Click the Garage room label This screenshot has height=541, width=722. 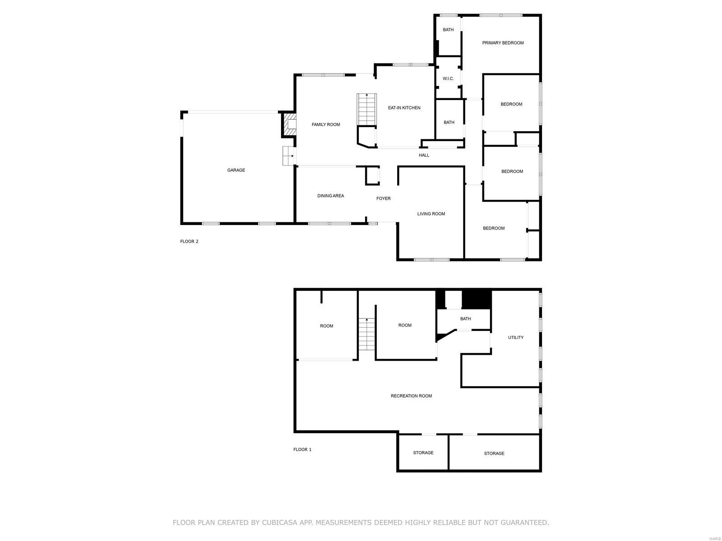(x=236, y=170)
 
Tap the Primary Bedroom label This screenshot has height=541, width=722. (x=503, y=43)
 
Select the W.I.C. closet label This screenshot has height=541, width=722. (x=448, y=79)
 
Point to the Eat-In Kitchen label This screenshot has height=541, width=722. (x=404, y=108)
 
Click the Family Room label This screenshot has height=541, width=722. (x=326, y=125)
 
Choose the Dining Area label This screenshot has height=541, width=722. (x=330, y=196)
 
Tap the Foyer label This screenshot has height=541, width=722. (x=384, y=199)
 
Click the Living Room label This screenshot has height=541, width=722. (x=431, y=214)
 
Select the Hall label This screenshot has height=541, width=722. (x=424, y=156)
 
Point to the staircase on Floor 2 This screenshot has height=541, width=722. (x=366, y=109)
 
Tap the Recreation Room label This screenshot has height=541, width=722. (x=411, y=396)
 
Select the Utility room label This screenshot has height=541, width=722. (x=516, y=338)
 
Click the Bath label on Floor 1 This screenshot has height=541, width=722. (x=465, y=319)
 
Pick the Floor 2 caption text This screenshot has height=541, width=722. (x=189, y=242)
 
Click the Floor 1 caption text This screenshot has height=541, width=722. (x=302, y=450)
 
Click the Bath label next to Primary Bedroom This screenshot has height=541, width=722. (x=448, y=30)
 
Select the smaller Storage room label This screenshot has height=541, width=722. (x=423, y=453)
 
